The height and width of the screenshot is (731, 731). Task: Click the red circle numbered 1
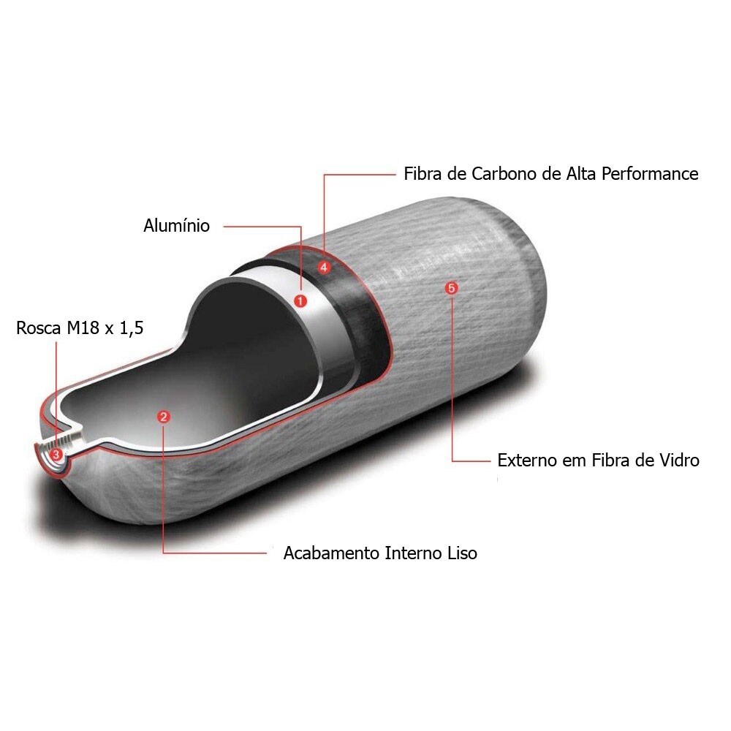[x=300, y=300]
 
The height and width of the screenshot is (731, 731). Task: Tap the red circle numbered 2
[x=163, y=417]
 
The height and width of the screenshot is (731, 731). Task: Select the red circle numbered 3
[x=56, y=454]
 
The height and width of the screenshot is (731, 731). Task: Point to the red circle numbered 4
[x=324, y=267]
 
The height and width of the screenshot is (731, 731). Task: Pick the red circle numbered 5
[x=451, y=288]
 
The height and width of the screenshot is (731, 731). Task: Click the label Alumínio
[x=177, y=226]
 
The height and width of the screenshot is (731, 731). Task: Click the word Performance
[x=650, y=174]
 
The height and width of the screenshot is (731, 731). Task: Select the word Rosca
[x=39, y=327]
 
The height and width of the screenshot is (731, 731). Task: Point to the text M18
[x=83, y=327]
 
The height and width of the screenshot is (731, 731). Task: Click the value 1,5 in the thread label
[x=132, y=328]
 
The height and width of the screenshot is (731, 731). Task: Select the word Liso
[x=463, y=553]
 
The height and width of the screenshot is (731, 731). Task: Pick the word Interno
[x=414, y=553]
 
